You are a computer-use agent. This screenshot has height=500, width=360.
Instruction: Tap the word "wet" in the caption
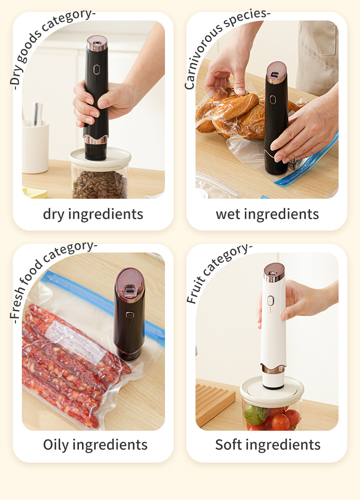(x=228, y=214)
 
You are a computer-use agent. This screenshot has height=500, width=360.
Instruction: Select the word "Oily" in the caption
(x=56, y=445)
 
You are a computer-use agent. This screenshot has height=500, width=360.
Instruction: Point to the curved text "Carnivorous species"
(x=220, y=38)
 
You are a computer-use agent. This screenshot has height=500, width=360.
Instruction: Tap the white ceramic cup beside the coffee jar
(x=35, y=147)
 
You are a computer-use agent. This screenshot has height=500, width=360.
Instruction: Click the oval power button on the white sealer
(x=270, y=300)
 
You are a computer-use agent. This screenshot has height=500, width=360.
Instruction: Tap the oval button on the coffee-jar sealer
(x=96, y=70)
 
